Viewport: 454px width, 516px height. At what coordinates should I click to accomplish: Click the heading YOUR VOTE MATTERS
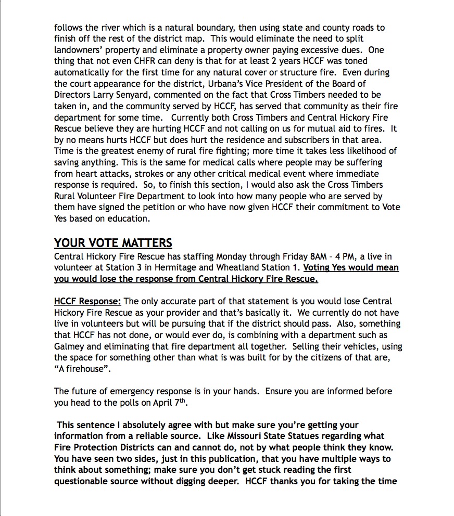113,243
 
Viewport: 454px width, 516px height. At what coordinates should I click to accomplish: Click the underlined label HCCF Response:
87,301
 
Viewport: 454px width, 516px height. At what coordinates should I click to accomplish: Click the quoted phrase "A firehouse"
82,368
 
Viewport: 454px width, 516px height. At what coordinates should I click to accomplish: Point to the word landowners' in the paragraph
79,50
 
